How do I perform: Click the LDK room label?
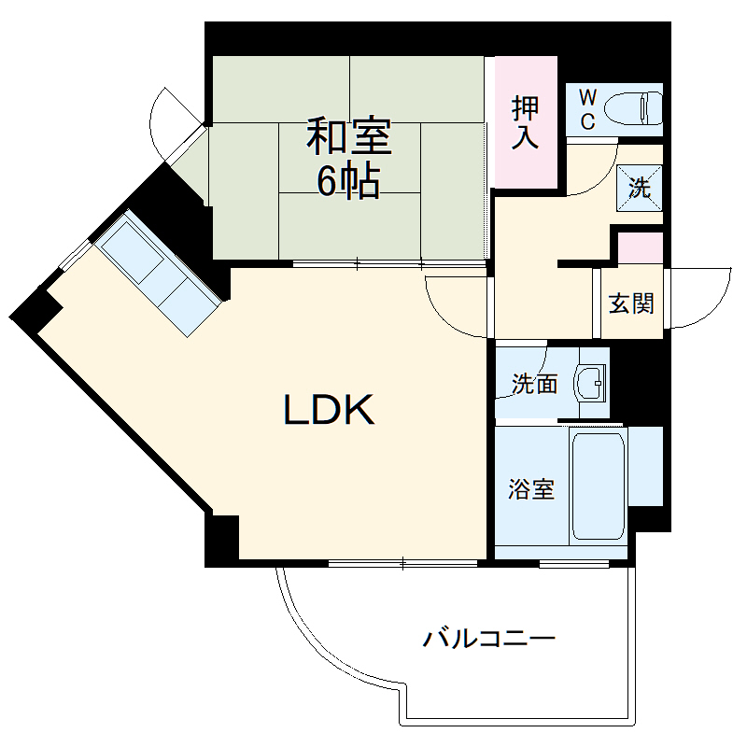coord(329,410)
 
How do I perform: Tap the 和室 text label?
coord(350,137)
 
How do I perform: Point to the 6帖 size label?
coord(348,183)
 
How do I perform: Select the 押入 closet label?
coord(526,122)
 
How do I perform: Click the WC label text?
coord(587,107)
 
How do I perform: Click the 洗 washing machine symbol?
coord(640,187)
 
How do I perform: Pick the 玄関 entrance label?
coord(631,303)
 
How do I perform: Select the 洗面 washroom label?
coord(534,383)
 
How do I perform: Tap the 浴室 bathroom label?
coord(532,489)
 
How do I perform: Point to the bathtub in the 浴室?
coord(598,486)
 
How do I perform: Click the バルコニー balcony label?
coord(490,640)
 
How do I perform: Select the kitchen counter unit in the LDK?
coord(159,270)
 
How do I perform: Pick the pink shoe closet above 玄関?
coord(641,249)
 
